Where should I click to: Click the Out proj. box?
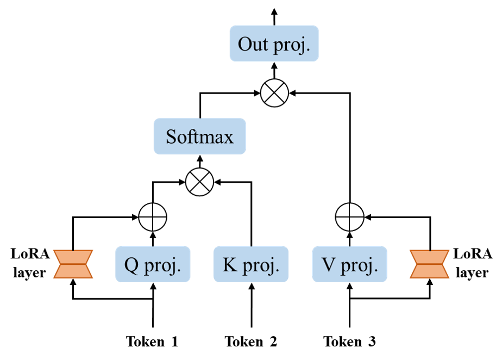pos(274,44)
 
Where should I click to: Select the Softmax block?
pos(199,136)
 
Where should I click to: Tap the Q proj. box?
pos(153,264)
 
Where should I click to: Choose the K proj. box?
pos(250,264)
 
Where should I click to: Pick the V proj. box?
pos(349,264)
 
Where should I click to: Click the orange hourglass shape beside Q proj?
pos(73,264)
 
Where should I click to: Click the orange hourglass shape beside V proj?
pos(429,264)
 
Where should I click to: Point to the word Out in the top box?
pos(253,44)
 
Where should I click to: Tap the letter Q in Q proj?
pos(131,265)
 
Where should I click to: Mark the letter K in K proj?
pos(229,265)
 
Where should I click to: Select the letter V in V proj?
pos(328,265)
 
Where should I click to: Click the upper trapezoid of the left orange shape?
pos(73,257)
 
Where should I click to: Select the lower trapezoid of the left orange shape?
pos(73,271)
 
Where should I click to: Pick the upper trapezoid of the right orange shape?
pos(429,257)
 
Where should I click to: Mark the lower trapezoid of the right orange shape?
pos(429,271)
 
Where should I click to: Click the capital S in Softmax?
pos(171,136)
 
